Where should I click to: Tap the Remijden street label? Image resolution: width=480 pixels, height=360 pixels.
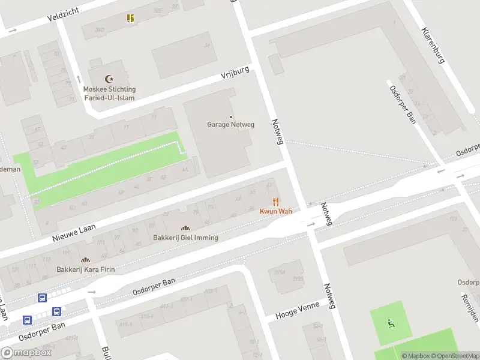pos(470,307)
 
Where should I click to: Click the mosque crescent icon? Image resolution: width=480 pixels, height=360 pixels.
pos(109,79)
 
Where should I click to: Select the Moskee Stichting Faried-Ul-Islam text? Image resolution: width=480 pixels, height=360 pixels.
pos(109,93)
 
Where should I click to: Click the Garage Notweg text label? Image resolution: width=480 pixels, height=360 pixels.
pos(231,125)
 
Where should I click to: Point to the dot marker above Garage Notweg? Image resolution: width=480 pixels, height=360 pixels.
pos(231,116)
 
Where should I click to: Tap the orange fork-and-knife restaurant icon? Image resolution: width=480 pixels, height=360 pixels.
pos(276,202)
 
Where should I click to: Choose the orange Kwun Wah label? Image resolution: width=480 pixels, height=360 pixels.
pos(276,212)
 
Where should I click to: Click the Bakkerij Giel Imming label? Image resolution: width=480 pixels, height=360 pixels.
pos(185,238)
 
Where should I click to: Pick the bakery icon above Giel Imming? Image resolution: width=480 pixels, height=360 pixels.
pos(185,228)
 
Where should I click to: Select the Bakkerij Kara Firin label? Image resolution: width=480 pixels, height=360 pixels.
pos(86,269)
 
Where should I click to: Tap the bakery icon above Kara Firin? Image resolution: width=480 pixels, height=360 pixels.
pos(86,260)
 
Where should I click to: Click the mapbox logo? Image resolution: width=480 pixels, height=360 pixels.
pos(26,353)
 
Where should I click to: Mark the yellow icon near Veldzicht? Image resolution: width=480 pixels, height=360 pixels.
pos(130,18)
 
